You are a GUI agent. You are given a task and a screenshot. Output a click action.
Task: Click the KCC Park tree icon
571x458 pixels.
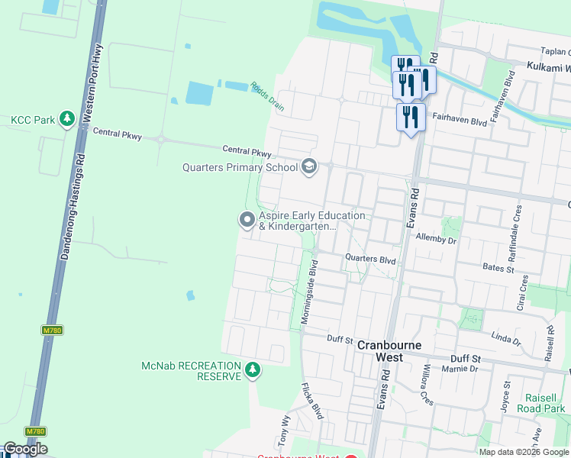point(67,119)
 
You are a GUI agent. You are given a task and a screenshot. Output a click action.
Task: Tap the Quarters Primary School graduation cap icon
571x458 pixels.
point(309,166)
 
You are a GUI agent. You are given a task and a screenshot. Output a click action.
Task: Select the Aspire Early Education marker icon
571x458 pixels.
point(247,221)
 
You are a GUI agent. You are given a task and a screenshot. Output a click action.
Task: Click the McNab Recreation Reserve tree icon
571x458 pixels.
point(253,371)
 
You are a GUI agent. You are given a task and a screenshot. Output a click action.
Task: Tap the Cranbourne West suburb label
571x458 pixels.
point(390,345)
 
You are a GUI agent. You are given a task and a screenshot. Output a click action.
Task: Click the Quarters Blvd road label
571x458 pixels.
point(370,260)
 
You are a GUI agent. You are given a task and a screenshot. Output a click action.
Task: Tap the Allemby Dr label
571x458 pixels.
point(435,239)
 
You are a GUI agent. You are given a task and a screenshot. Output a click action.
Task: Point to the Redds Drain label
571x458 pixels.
point(267,97)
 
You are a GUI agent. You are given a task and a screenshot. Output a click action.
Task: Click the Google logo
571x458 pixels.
point(24,450)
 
